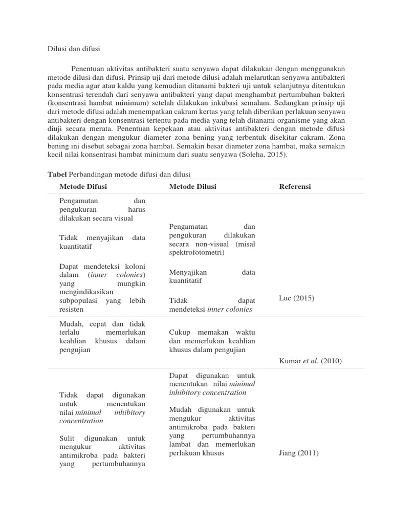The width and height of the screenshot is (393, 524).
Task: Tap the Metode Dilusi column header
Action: pyautogui.click(x=192, y=186)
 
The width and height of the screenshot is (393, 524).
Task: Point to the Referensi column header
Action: pyautogui.click(x=295, y=186)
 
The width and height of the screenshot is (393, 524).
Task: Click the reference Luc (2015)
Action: pyautogui.click(x=296, y=298)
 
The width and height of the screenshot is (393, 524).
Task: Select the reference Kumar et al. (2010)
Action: pyautogui.click(x=310, y=361)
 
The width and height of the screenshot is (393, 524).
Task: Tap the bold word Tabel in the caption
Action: pyautogui.click(x=57, y=174)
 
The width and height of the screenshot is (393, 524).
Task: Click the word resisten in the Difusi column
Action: pyautogui.click(x=71, y=310)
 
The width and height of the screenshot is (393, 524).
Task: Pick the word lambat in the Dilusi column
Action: pyautogui.click(x=180, y=444)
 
